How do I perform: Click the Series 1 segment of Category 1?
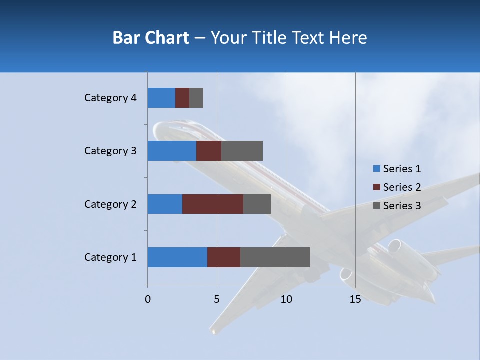177,257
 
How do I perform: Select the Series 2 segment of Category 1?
224,257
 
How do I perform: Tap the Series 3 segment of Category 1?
275,257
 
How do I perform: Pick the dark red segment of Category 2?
213,204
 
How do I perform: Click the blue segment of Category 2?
165,204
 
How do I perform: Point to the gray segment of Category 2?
257,204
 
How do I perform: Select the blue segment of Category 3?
172,151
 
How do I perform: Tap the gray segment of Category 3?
242,151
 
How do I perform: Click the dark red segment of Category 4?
182,98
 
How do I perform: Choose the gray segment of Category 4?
196,98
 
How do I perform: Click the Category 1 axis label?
110,257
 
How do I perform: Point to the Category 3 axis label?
110,151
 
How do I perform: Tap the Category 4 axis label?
110,98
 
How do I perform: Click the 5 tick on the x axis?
217,299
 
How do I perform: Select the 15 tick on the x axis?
355,299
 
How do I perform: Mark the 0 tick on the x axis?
148,299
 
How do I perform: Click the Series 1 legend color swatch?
376,169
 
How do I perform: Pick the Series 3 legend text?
402,206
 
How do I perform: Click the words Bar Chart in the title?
151,38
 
